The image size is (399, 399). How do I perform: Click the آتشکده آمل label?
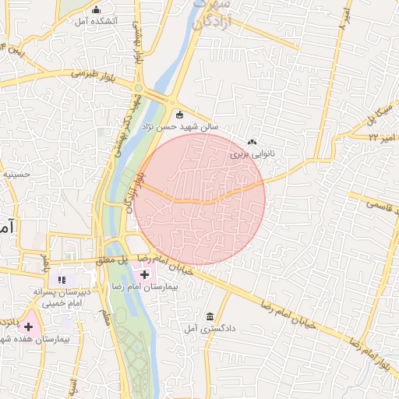pyautogui.click(x=96, y=21)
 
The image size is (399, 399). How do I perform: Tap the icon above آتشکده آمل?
pyautogui.click(x=97, y=10)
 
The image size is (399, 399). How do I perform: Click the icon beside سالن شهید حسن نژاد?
pyautogui.click(x=178, y=114)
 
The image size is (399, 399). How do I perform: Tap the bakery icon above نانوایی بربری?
pyautogui.click(x=252, y=143)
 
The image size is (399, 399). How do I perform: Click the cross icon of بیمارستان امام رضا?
pyautogui.click(x=145, y=274)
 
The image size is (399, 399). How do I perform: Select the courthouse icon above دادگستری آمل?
pyautogui.click(x=210, y=316)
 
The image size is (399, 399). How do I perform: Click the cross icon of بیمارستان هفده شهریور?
pyautogui.click(x=29, y=327)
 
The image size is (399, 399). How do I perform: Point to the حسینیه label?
pyautogui.click(x=16, y=175)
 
